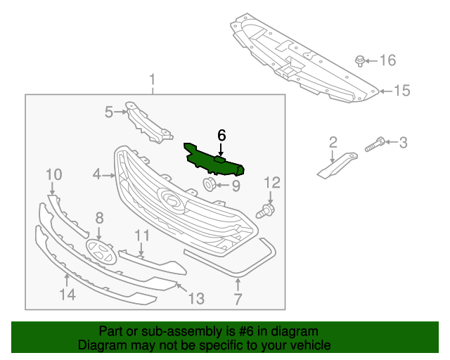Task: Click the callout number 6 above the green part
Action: [x=221, y=134]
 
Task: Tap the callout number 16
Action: [x=388, y=60]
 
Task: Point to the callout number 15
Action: [x=401, y=91]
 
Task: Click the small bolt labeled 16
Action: [x=360, y=60]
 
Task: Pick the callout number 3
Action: [x=403, y=143]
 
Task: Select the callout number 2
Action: [x=333, y=143]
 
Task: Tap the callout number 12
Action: [x=272, y=184]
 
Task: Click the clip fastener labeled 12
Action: [x=267, y=209]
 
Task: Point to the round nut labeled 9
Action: [x=209, y=185]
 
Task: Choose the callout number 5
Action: [x=109, y=111]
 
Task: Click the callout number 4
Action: [x=96, y=173]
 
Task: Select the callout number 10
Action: [x=54, y=174]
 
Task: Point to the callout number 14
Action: [x=67, y=295]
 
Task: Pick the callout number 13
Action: [x=195, y=299]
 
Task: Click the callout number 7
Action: [x=238, y=300]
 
